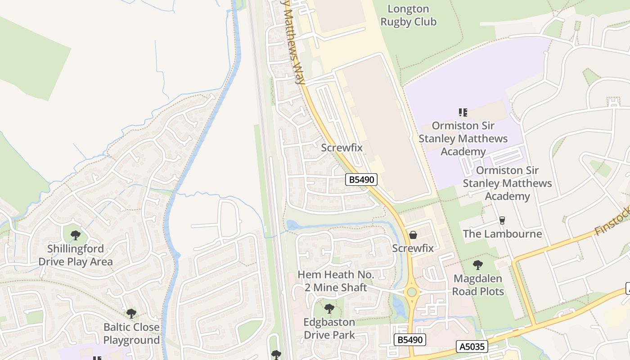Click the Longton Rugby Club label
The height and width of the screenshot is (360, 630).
point(408,15)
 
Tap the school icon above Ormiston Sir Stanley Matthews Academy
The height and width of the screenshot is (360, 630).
point(463,112)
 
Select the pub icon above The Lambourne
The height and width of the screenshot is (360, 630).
point(502,220)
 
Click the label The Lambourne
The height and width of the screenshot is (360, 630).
point(502,234)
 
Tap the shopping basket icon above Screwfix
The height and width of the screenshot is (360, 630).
point(413,235)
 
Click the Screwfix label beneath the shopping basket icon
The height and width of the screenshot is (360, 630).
point(413,248)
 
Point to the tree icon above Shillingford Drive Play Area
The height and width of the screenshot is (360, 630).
point(76,235)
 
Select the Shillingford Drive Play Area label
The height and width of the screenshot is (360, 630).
point(76,255)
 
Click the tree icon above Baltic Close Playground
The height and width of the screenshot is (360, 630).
point(131,313)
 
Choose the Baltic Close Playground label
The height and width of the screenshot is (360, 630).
point(131,333)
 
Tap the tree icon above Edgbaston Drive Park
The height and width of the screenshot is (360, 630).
point(329,309)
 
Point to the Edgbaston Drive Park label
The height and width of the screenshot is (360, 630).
point(329,328)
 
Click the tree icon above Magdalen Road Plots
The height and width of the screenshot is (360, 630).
point(478,265)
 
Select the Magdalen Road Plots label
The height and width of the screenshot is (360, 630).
point(478,285)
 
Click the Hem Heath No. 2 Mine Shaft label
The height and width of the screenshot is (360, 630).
point(336,281)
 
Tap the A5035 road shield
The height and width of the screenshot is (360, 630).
point(472,346)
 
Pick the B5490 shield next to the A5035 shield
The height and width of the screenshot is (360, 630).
point(409,340)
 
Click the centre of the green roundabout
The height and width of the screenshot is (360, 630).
point(411,292)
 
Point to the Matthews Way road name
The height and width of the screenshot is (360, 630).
point(292,43)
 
